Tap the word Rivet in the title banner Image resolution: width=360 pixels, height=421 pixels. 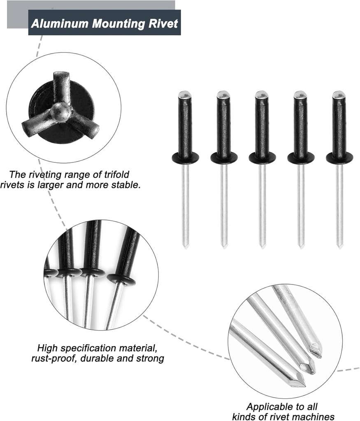[x=164, y=23]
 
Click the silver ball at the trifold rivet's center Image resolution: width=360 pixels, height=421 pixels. [x=60, y=110]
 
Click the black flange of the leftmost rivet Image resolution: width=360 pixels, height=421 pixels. [x=185, y=157]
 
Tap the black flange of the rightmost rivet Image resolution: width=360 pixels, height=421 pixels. [x=339, y=157]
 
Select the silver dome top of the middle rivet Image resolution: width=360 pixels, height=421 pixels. [x=262, y=94]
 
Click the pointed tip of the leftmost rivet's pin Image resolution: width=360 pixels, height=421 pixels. [x=186, y=246]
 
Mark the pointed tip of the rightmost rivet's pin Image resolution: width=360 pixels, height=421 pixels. [x=340, y=246]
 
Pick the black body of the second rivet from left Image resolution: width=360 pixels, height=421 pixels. [x=224, y=127]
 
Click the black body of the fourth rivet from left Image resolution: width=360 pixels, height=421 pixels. [x=300, y=127]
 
